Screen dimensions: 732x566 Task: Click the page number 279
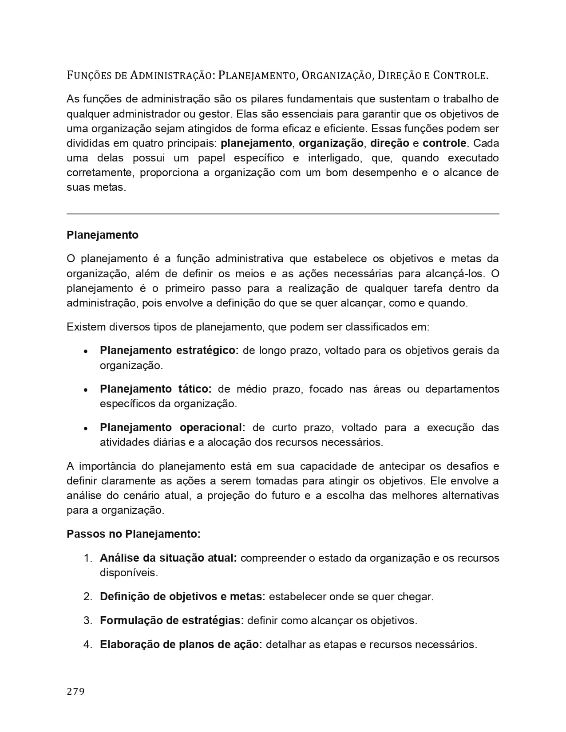point(75,691)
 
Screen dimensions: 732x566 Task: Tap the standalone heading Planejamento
point(103,235)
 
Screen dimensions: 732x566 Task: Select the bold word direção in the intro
point(389,143)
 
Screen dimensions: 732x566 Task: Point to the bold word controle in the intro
point(444,143)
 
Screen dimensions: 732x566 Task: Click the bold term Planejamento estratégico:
point(169,350)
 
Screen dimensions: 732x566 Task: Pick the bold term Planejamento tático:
point(155,389)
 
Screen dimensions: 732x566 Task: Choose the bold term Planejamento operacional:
point(172,428)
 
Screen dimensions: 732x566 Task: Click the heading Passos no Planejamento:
point(134,534)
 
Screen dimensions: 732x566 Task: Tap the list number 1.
point(88,558)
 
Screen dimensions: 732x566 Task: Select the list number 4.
point(88,645)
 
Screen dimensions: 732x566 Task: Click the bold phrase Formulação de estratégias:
point(172,621)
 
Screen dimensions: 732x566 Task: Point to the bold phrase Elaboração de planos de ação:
point(181,645)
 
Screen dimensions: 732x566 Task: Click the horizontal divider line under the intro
point(283,214)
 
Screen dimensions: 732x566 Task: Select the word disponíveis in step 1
point(129,573)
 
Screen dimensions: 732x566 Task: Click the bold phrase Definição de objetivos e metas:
point(182,597)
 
